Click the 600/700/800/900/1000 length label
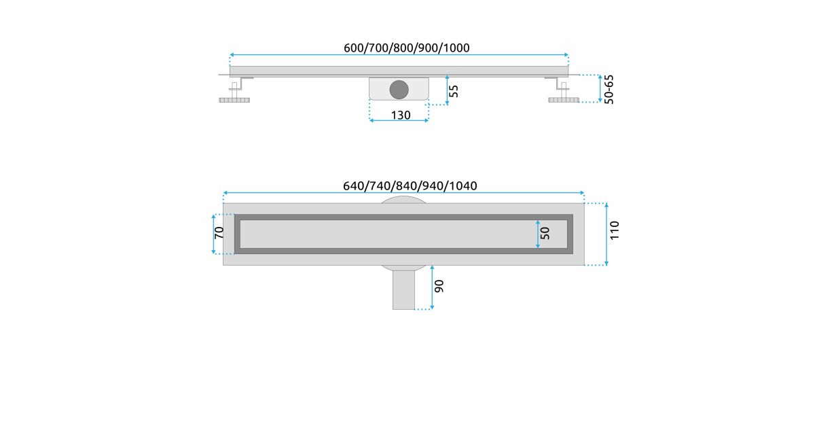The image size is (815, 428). tap(406, 48)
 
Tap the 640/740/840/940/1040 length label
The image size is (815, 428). tap(410, 186)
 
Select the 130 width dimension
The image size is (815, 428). tap(401, 115)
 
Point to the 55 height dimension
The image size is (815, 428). tap(454, 91)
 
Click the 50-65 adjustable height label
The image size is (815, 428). tap(609, 89)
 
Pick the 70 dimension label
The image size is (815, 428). tap(219, 232)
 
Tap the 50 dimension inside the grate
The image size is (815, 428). tap(545, 233)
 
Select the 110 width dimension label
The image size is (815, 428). tap(614, 230)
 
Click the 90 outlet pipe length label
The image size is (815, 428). tap(439, 286)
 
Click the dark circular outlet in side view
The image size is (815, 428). tap(399, 90)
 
